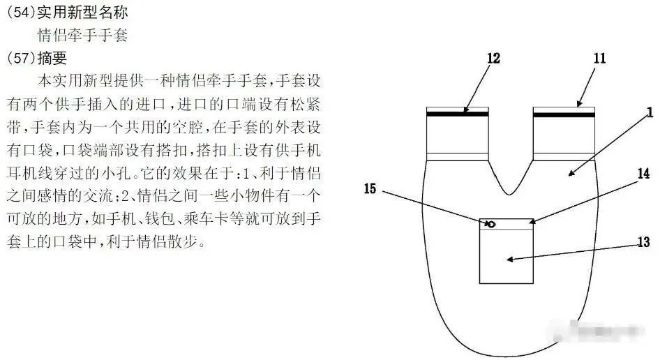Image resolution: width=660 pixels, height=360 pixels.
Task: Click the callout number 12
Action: coord(493,58)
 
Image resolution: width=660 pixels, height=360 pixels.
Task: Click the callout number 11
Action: coord(600,58)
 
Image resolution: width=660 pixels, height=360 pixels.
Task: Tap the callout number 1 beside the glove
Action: coord(650,112)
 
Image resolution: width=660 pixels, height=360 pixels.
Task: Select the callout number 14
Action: coord(643,174)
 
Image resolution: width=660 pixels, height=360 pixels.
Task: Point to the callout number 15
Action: coord(370,188)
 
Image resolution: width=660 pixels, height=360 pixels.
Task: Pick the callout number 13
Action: coord(643,242)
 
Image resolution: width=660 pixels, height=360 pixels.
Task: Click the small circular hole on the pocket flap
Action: coord(490,224)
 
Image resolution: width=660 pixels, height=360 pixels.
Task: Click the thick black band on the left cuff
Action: coord(458,114)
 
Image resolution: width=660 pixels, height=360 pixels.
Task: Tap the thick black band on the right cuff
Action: coord(564,114)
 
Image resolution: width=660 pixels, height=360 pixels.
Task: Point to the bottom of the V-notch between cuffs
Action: coord(509,195)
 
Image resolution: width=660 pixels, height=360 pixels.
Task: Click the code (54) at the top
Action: coord(21,13)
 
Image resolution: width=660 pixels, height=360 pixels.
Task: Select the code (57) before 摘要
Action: coord(21,58)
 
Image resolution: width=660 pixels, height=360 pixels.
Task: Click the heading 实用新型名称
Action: coord(82,13)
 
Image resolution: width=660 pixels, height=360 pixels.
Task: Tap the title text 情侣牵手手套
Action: coord(82,35)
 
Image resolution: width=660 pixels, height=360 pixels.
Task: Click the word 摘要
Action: coord(52,58)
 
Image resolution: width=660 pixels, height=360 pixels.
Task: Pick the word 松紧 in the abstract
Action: coord(306,104)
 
